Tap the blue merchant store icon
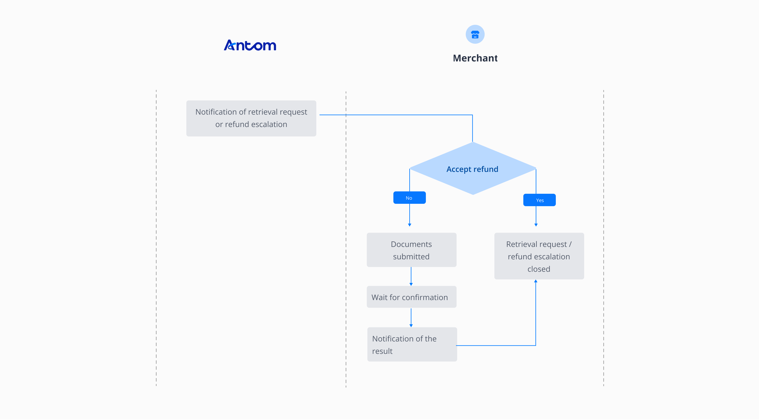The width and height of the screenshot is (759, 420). coord(475,34)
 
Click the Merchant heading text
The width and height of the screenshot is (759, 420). coord(475,58)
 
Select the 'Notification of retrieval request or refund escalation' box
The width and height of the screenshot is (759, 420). coord(251,118)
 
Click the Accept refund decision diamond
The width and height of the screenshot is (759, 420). coord(472,169)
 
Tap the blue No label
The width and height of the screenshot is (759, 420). coord(409,198)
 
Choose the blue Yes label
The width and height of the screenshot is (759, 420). coord(539,200)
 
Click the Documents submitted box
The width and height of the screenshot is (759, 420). coord(411,250)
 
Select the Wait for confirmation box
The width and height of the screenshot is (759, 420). coord(411,297)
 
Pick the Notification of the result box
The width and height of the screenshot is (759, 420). coord(412,345)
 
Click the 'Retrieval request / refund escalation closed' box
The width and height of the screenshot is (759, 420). coord(539,256)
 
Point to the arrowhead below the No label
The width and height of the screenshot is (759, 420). coord(410,225)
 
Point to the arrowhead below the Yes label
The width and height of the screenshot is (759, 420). coord(536,225)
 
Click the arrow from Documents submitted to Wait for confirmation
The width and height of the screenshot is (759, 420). coord(411,276)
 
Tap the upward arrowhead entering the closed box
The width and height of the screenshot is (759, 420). coord(536,281)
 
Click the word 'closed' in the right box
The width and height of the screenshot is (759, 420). coord(539,269)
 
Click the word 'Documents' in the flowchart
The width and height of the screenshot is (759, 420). coord(411,244)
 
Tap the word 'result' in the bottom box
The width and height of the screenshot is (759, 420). coord(382,351)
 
